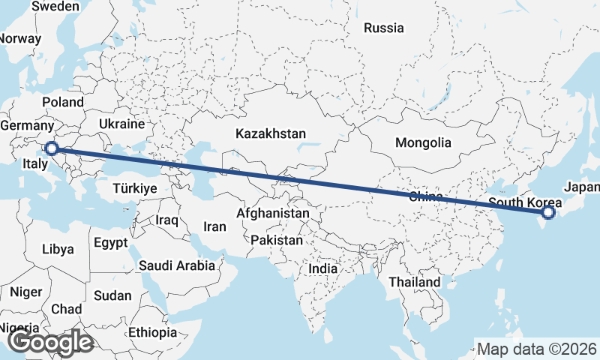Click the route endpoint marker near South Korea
[x=548, y=213]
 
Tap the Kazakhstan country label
[x=270, y=133]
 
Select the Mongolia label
[x=424, y=142]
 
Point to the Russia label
[x=383, y=28]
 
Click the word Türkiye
[x=136, y=188]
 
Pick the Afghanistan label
[x=272, y=214]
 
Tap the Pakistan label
[x=277, y=241]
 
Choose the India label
[x=323, y=268]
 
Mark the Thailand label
[x=415, y=282]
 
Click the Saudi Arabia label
[x=176, y=265]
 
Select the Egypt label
[x=112, y=242]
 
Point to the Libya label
[x=58, y=248]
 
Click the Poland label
[x=63, y=102]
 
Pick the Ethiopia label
[x=152, y=331]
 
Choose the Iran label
[x=215, y=226]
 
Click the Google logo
[x=49, y=342]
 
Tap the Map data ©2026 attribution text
[x=537, y=349]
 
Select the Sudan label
[x=112, y=295]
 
